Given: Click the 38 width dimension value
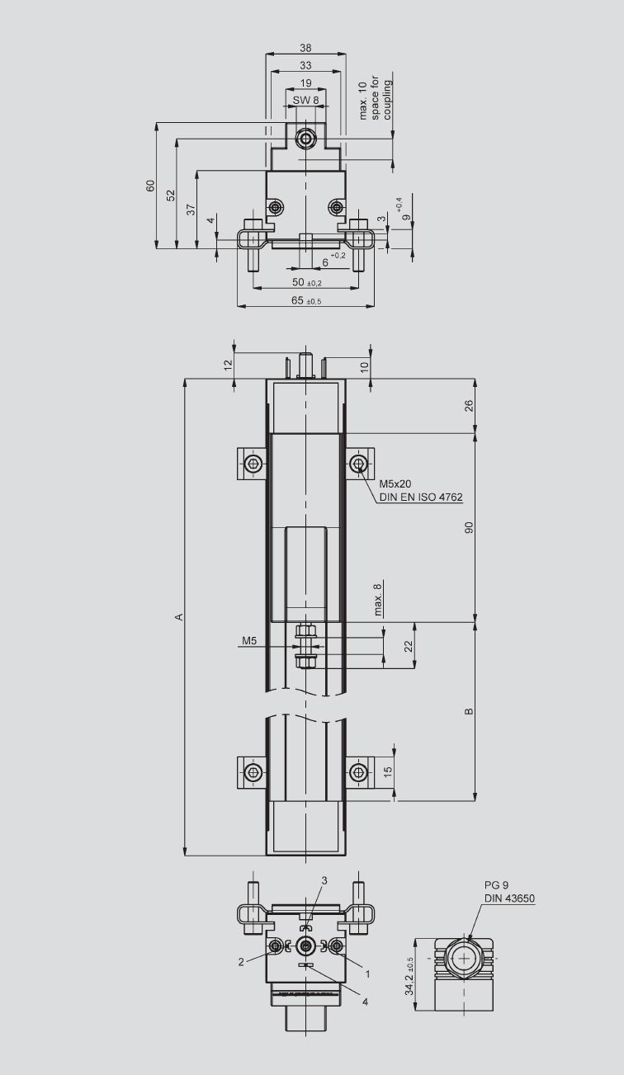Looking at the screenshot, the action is coord(305,48).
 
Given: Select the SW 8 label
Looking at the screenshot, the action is coord(305,100).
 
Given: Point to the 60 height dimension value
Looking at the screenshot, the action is coord(151,186).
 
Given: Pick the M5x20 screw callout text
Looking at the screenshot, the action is coord(395,483).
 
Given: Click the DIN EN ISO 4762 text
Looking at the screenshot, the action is coord(421,497).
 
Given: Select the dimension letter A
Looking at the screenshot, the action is coord(179,616).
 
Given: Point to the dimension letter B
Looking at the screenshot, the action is coord(469,711).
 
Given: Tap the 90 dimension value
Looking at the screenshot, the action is coord(469,527).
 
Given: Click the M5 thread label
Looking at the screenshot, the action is coord(249,640).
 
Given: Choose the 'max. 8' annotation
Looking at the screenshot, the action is coord(377,600).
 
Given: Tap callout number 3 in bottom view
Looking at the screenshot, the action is coord(324,880).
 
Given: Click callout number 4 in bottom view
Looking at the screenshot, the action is coord(366,1002).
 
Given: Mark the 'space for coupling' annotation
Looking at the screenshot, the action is coord(381,98).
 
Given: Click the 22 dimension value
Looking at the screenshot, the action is coord(409,646).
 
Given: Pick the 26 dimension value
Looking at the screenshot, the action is coord(469,406).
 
